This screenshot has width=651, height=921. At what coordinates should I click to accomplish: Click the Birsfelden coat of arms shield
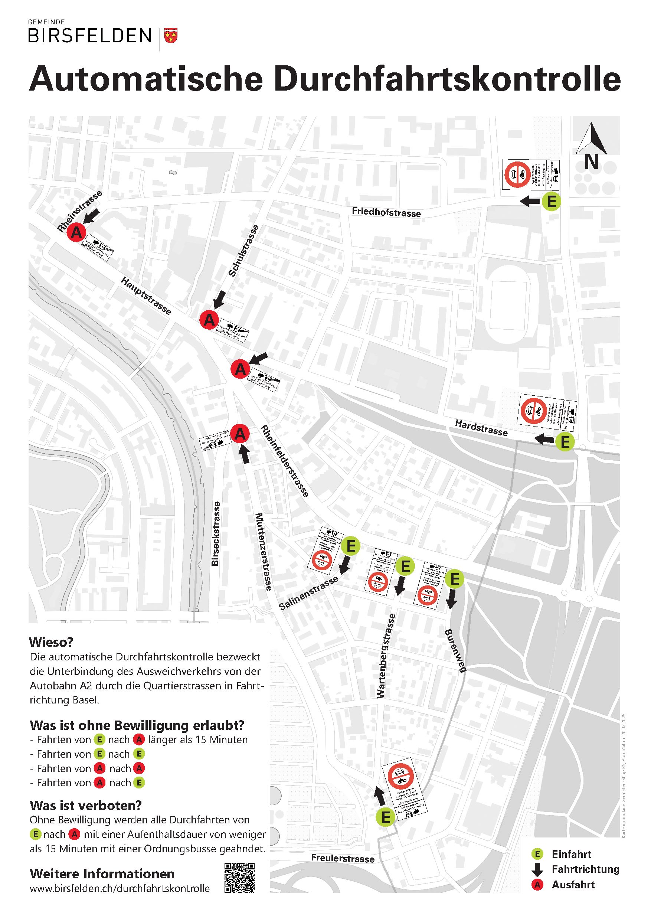[171, 36]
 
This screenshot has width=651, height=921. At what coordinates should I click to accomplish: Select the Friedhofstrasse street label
[386, 212]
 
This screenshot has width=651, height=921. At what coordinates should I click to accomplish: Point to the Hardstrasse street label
[481, 428]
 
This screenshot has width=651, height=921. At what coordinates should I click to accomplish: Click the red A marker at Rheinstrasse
[76, 232]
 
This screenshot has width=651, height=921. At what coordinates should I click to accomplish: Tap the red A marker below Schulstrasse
[209, 320]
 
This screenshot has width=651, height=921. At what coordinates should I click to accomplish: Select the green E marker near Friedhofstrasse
[551, 201]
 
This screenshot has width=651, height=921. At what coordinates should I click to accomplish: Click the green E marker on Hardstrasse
[565, 442]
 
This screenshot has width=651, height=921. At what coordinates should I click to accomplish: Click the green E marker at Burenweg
[454, 579]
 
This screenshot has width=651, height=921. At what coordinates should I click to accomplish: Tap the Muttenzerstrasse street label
[264, 552]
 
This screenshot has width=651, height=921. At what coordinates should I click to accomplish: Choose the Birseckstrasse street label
[216, 533]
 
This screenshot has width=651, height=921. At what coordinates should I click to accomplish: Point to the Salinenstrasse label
[308, 594]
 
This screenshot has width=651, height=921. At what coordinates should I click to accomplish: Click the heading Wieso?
[51, 642]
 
